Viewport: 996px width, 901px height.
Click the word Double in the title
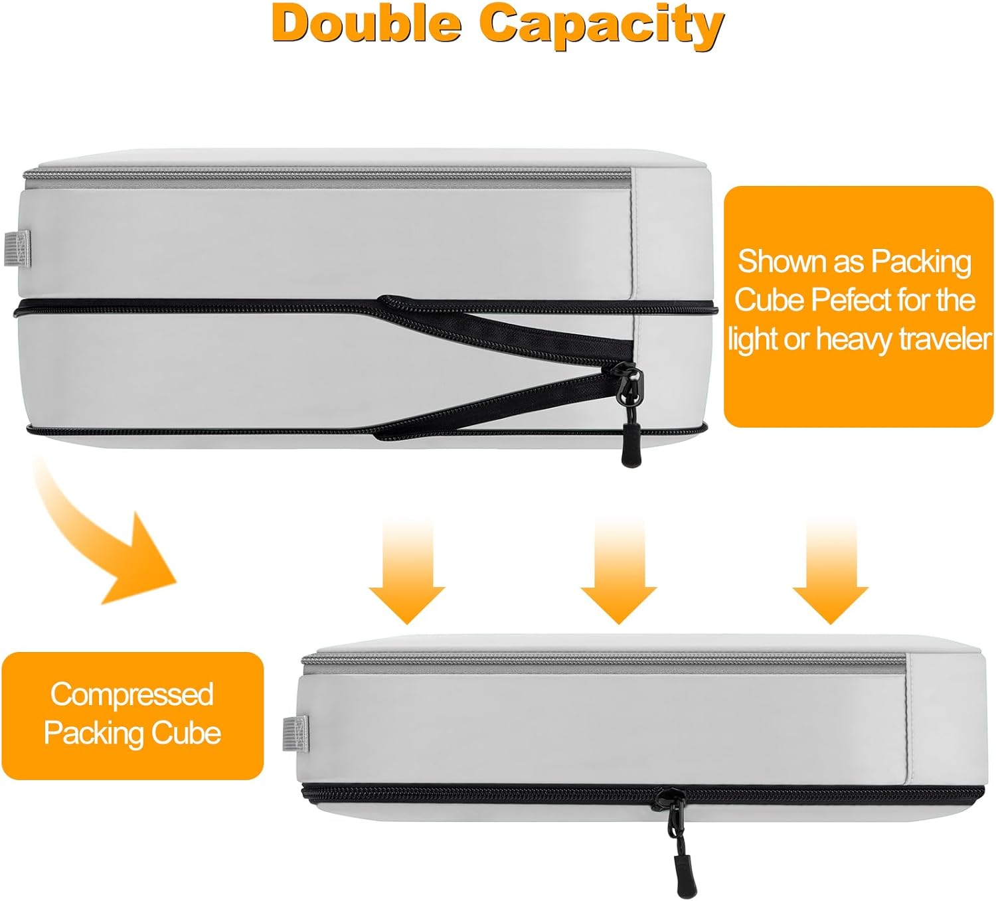pos(366,25)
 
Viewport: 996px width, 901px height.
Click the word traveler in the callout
pos(945,339)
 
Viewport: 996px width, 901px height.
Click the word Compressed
pos(132,695)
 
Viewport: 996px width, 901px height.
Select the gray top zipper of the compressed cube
pos(598,659)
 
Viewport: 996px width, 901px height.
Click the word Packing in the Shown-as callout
pos(921,262)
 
